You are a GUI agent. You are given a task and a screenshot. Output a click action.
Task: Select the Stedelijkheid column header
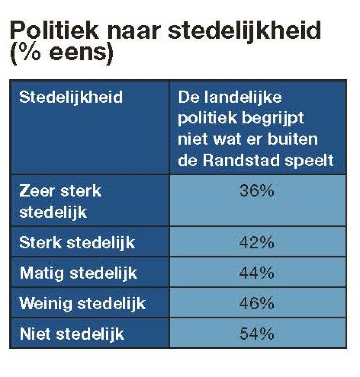pos(71,97)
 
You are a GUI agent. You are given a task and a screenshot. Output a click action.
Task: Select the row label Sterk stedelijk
pos(77,243)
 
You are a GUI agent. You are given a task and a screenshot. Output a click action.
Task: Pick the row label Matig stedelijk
pos(78,273)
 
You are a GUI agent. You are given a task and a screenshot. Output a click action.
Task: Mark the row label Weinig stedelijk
pos(82,304)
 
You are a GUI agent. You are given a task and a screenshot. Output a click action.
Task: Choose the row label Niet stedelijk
pos(72,334)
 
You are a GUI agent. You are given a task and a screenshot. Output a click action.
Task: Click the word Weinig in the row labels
pos(45,304)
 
